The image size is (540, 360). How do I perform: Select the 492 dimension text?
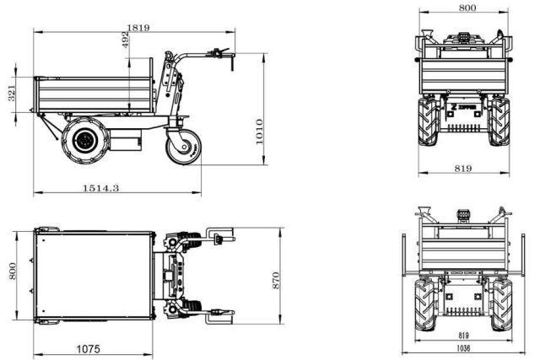tap(126, 41)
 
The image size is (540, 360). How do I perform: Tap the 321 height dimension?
tap(11, 93)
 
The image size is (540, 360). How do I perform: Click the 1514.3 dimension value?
tap(100, 187)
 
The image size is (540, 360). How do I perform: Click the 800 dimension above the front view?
tap(467, 8)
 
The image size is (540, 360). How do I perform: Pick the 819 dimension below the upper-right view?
tap(463, 168)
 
